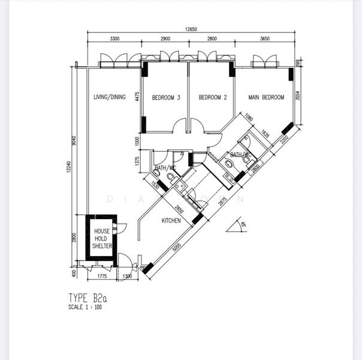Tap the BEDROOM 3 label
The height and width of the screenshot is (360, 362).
[x=165, y=98]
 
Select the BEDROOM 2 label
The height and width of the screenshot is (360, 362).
[x=213, y=98]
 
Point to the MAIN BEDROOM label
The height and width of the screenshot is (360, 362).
[x=266, y=98]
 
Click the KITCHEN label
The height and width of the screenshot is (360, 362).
[x=171, y=221]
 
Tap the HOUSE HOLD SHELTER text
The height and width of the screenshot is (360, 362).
[x=101, y=239]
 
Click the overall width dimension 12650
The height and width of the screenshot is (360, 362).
[x=191, y=28]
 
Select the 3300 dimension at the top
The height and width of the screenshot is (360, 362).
[x=114, y=39]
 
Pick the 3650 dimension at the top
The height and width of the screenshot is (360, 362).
[x=264, y=39]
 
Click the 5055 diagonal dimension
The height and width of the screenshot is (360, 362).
[x=176, y=247]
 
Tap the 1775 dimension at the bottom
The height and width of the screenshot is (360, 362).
[x=101, y=277]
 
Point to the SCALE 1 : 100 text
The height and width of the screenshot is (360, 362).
[x=85, y=307]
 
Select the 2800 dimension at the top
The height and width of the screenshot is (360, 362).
[x=212, y=39]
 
